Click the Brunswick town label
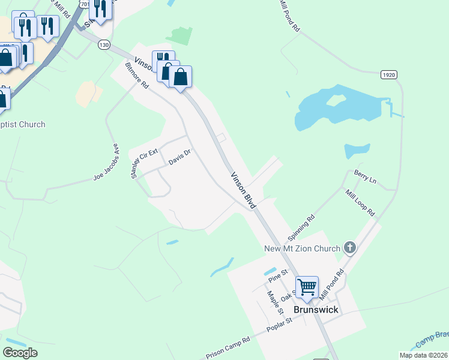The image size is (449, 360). click(316, 310)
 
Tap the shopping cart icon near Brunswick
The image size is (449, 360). click(307, 287)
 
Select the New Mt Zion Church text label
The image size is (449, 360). click(302, 248)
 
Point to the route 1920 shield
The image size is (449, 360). click(388, 74)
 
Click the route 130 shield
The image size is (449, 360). click(104, 45)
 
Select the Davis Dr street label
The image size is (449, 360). click(179, 158)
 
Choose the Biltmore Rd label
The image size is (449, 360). click(136, 76)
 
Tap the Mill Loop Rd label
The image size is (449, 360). click(360, 203)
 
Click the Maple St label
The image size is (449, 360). click(275, 304)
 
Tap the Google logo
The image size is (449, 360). click(20, 353)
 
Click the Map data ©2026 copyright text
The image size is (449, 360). click(423, 355)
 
